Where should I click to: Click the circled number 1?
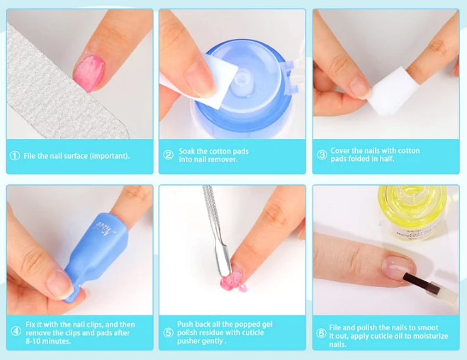tap(15, 156)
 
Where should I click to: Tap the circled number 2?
tap(168, 156)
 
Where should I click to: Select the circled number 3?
tap(322, 156)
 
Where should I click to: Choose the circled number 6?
tap(322, 332)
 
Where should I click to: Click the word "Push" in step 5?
tap(186, 325)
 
